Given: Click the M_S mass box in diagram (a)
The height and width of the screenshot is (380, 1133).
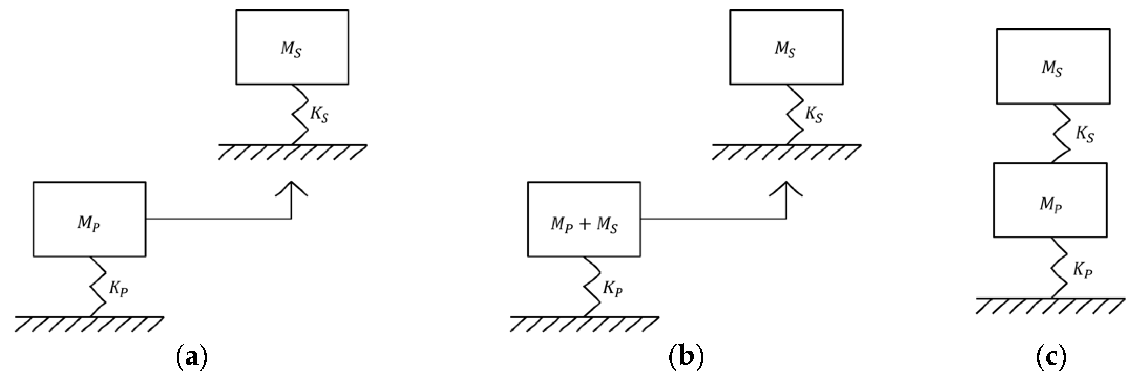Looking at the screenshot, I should [x=292, y=47].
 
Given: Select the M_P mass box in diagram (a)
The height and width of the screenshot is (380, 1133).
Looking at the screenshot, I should [x=89, y=219].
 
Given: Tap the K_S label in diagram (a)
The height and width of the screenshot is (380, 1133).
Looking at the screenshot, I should [x=319, y=115].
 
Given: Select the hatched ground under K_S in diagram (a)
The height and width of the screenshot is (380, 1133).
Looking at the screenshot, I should [x=292, y=152].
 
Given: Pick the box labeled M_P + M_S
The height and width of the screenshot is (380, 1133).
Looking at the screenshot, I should [x=584, y=219].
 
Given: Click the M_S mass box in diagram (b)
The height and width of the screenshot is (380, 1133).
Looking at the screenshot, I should [x=787, y=47].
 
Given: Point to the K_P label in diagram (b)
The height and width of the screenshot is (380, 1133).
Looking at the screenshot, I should [x=613, y=289].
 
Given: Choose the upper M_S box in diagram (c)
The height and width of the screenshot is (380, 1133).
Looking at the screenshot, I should [x=1052, y=66].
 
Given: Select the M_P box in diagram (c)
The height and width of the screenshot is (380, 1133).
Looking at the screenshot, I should [x=1050, y=200].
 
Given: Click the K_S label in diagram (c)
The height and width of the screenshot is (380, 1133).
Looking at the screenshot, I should [x=1085, y=134].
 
